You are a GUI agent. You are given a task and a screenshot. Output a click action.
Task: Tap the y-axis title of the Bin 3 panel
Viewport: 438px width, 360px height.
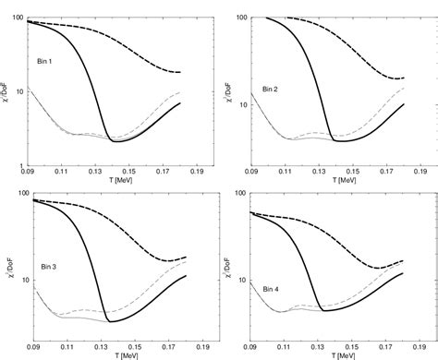pyautogui.click(x=6, y=265)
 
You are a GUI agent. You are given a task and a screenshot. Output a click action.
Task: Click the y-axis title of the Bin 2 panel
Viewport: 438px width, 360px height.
pyautogui.click(x=228, y=89)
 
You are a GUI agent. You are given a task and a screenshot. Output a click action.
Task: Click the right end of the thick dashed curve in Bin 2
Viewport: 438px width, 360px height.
pyautogui.click(x=405, y=78)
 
